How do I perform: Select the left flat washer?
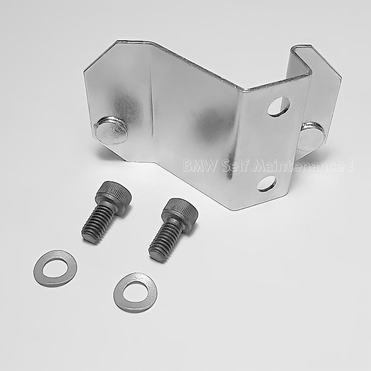click(55, 268)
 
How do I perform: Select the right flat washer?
click(135, 292)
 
